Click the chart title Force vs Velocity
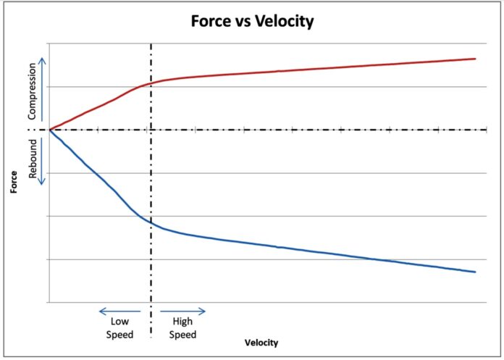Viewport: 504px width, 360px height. (251, 22)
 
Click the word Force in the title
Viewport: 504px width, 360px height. (211, 22)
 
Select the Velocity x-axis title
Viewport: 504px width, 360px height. (261, 342)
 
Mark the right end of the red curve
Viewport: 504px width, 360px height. (475, 59)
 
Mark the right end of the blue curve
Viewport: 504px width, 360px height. (475, 272)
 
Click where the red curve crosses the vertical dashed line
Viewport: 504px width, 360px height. (151, 83)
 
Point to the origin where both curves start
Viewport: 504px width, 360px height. (49, 130)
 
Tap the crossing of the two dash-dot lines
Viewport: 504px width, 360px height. (151, 130)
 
